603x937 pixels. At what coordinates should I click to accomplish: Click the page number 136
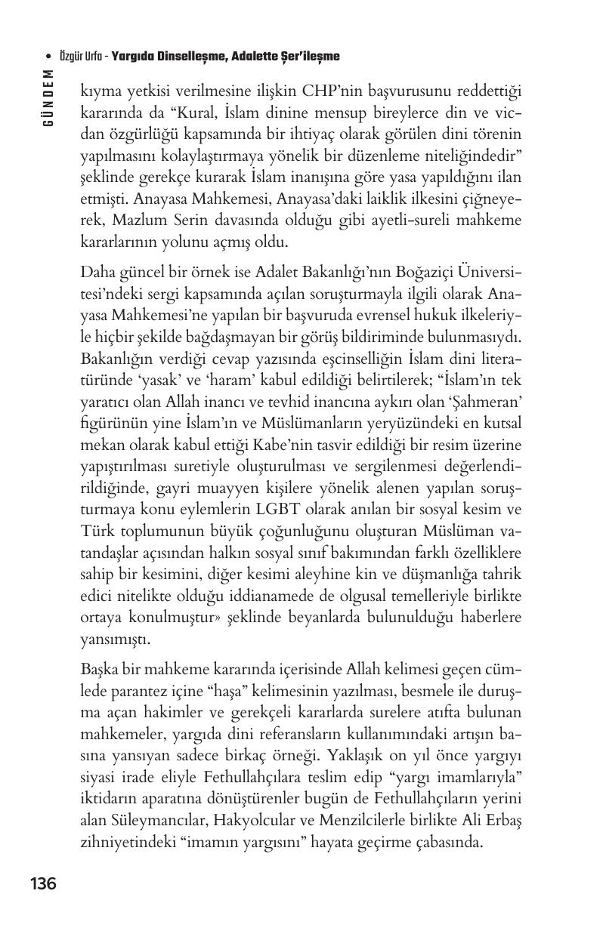pyautogui.click(x=43, y=883)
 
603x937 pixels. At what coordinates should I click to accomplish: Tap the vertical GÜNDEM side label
pyautogui.click(x=48, y=97)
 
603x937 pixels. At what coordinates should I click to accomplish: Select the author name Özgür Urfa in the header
pyautogui.click(x=79, y=57)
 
